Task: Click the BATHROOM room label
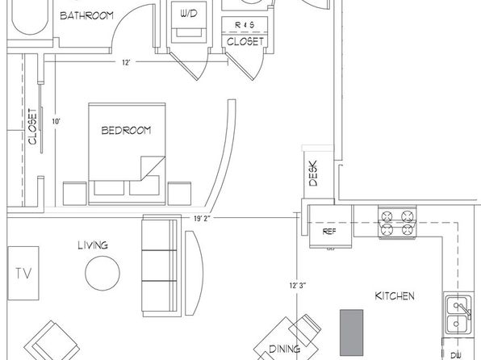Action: coord(86,15)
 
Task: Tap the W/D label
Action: coord(189,14)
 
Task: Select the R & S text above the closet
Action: coord(245,25)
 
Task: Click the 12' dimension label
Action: coord(126,63)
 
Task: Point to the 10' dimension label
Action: coord(56,122)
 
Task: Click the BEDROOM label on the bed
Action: coord(126,131)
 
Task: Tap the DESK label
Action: coord(313,174)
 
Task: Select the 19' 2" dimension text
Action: coord(202,219)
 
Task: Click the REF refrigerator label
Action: coord(329,232)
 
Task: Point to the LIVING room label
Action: coord(93,245)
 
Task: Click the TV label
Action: coord(23,273)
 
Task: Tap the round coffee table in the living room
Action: coord(102,273)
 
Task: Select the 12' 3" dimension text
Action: coord(298,286)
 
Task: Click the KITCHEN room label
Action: coord(395,296)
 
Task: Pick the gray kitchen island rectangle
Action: coord(352,333)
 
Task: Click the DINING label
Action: coord(284,349)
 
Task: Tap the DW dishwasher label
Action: coord(456,355)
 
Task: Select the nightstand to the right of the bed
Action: coord(179,194)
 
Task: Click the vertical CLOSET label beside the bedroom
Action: coord(32,126)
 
